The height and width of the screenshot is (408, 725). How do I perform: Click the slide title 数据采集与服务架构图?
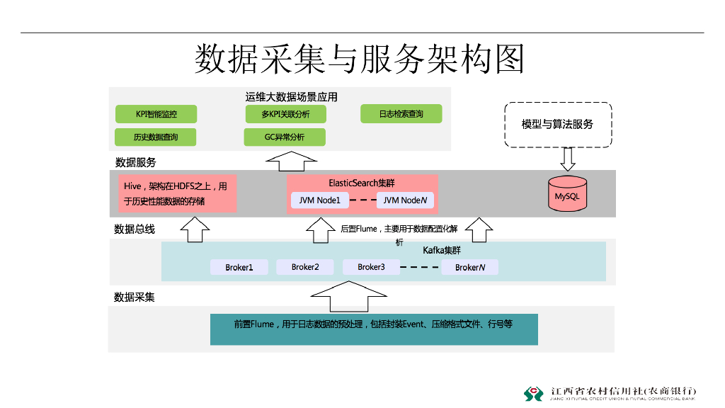coord(360,59)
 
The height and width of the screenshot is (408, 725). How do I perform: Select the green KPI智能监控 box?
coord(156,114)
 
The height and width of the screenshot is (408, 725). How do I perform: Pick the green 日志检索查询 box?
coord(401,113)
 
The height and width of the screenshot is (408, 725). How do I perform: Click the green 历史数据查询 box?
coord(156,137)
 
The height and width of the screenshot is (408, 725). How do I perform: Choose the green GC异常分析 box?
coord(284,137)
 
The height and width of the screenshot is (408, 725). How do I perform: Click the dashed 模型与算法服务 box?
coord(557,125)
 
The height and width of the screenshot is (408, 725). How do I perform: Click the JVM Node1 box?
coord(319,200)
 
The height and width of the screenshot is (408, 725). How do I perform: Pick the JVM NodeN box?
coord(405,200)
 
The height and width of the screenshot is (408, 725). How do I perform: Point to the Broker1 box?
coord(239,267)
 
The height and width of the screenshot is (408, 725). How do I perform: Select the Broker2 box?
coord(305,267)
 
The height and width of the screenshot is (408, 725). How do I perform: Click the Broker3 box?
coord(371,267)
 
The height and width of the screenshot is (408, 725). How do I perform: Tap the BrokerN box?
coord(469,267)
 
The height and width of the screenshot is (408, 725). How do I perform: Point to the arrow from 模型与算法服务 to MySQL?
coord(566,159)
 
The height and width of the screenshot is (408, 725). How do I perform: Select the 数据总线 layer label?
coord(135,229)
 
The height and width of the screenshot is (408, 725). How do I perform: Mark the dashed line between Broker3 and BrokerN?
coord(420,268)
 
